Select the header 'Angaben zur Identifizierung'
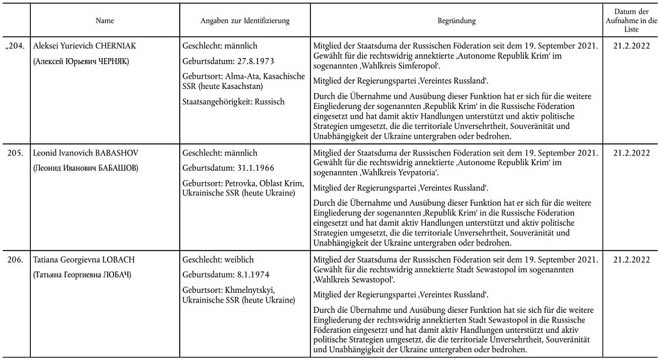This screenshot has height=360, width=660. click(x=245, y=21)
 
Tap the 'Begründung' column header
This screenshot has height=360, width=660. click(x=456, y=21)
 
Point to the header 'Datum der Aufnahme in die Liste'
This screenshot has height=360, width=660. click(x=631, y=21)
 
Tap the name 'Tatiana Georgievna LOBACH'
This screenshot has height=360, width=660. click(x=83, y=260)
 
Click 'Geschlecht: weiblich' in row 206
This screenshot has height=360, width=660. click(x=220, y=260)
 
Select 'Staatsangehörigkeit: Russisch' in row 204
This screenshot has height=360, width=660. click(x=234, y=102)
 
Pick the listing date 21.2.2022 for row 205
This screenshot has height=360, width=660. click(x=631, y=154)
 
